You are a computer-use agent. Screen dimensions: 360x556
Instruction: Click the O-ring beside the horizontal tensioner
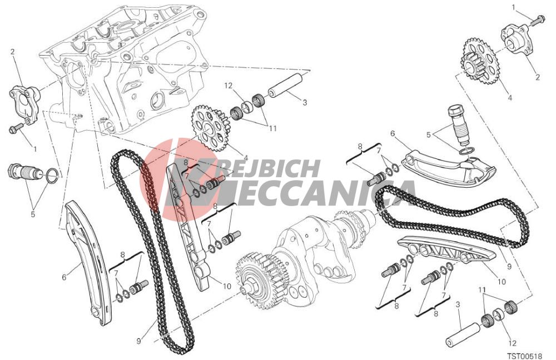51,176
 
